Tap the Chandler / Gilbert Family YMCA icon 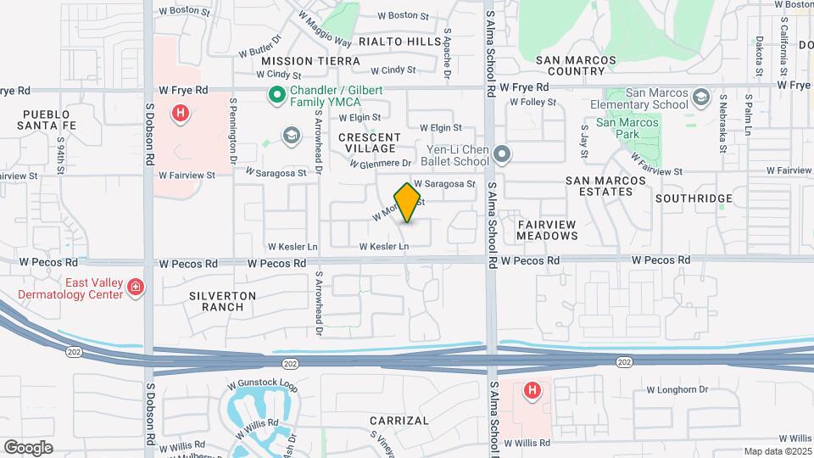coord(276,96)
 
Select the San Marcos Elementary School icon coord(700,98)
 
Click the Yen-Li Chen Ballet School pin coord(502,154)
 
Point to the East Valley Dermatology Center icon coord(135,288)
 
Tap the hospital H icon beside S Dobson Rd coord(179,113)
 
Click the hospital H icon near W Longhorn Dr coord(532,390)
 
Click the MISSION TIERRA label coord(310,61)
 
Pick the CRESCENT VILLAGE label coord(370,142)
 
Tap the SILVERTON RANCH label coord(223,301)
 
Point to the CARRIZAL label coord(399,421)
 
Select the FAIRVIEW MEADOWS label coord(547,229)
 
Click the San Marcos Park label coord(627,128)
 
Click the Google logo coord(28,447)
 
